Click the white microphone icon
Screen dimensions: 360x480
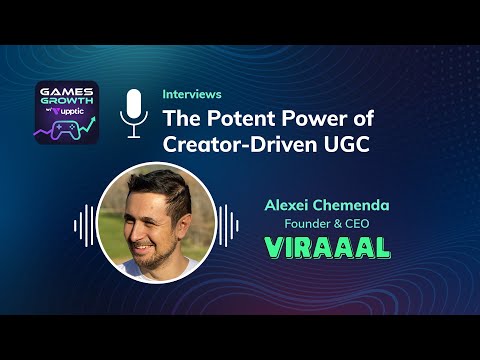[133, 112]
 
